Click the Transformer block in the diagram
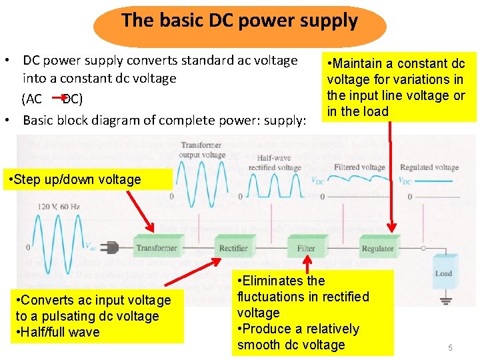coord(157,248)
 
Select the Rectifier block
coord(233,248)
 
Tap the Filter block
coord(306,248)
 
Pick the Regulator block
coord(378,248)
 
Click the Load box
coord(443,273)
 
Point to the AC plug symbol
coord(110,248)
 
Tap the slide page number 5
coord(450,347)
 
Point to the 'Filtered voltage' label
coord(359,167)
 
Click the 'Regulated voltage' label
coord(429,167)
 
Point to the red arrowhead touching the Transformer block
coord(154,231)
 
